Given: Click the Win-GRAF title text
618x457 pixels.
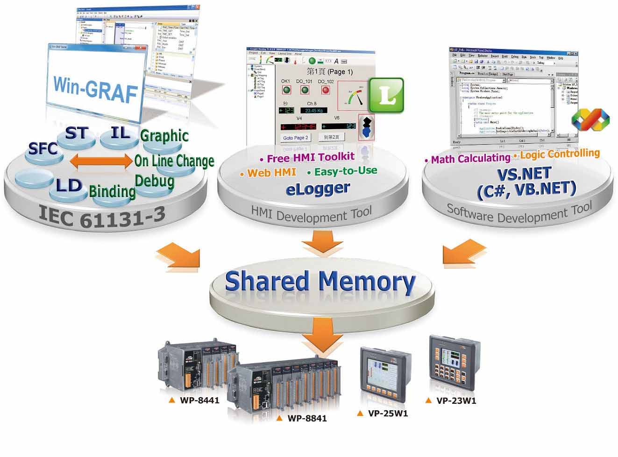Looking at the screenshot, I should [95, 89].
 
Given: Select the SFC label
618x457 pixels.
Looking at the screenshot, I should [43, 148].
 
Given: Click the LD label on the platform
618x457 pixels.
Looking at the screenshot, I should [69, 186].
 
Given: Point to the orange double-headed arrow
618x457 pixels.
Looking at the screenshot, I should [101, 162].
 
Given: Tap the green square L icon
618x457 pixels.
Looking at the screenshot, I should [386, 95].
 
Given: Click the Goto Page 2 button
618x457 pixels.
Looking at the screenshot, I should [296, 138].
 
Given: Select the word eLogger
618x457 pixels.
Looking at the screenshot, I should [318, 188].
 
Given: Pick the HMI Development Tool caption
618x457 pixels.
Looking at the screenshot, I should [311, 215].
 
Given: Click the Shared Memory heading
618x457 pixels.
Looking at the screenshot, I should [320, 281].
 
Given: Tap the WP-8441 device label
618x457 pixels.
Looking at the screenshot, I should [199, 401].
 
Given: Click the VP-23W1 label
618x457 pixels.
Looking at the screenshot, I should [456, 401].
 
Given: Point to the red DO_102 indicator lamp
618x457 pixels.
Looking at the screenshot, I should [326, 90].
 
